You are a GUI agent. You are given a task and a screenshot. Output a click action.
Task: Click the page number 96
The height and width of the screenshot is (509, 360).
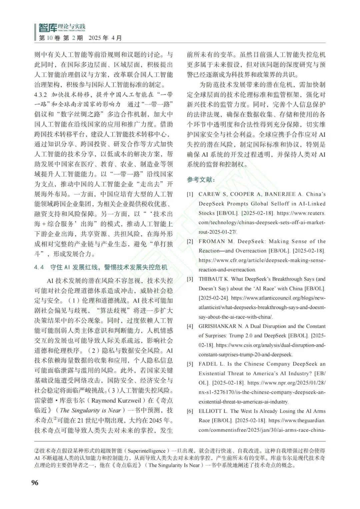click(x=35, y=483)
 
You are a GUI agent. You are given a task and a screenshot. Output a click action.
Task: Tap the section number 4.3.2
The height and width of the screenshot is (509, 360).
click(x=41, y=95)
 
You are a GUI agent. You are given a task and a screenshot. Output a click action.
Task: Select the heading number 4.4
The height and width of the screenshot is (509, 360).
click(x=39, y=267)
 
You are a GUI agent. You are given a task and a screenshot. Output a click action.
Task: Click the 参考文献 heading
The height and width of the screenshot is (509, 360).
click(x=201, y=180)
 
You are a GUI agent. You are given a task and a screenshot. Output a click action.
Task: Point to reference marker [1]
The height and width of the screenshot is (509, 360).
click(x=190, y=194)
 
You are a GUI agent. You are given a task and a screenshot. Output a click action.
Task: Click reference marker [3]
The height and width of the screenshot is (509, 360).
click(x=190, y=279)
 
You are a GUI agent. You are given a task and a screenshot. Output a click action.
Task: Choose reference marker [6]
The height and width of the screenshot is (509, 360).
click(x=190, y=411)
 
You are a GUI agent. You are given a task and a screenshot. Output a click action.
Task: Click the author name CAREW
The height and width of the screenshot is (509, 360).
click(x=209, y=194)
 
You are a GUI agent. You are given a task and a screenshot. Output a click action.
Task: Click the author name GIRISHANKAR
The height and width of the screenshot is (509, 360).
click(x=218, y=326)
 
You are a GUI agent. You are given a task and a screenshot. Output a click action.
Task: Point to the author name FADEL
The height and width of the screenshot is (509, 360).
click(x=208, y=364)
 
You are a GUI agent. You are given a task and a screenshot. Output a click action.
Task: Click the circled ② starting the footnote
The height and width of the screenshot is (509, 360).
click(x=37, y=451)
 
